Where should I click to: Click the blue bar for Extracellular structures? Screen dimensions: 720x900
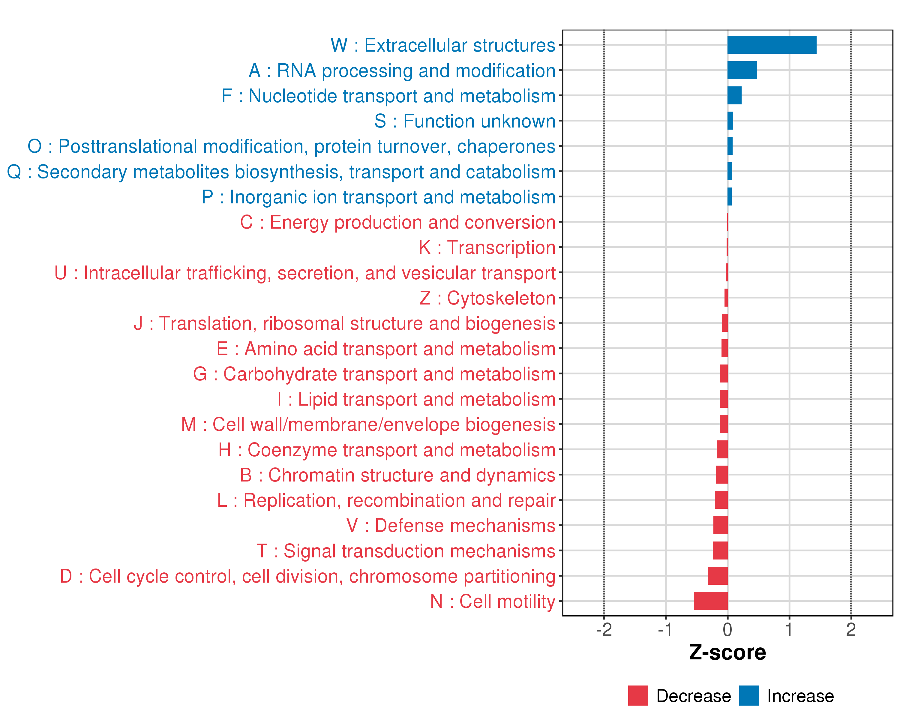(x=771, y=45)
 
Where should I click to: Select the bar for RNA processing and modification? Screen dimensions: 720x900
(x=742, y=70)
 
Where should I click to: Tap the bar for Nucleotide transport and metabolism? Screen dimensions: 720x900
(x=734, y=96)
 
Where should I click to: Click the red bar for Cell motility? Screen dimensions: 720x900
(x=710, y=601)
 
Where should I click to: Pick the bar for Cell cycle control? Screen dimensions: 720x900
(x=718, y=576)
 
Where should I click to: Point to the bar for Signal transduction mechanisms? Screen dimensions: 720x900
(x=720, y=550)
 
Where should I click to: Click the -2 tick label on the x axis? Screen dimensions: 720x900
(x=604, y=630)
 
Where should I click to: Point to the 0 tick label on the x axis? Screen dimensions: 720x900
(x=727, y=630)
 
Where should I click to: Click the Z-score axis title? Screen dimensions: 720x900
(x=727, y=653)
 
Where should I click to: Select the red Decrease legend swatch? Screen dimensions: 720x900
(x=638, y=696)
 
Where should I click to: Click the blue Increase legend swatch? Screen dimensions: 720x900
(x=749, y=696)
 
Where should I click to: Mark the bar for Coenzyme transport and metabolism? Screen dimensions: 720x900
(x=722, y=449)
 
